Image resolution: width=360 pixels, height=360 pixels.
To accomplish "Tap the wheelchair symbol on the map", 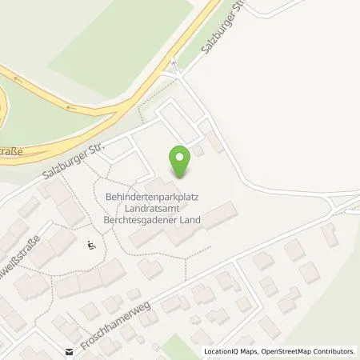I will (x=92, y=246).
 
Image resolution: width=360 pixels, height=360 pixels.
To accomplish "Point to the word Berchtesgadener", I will (x=131, y=218).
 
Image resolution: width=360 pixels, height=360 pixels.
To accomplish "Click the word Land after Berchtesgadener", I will (x=190, y=218).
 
